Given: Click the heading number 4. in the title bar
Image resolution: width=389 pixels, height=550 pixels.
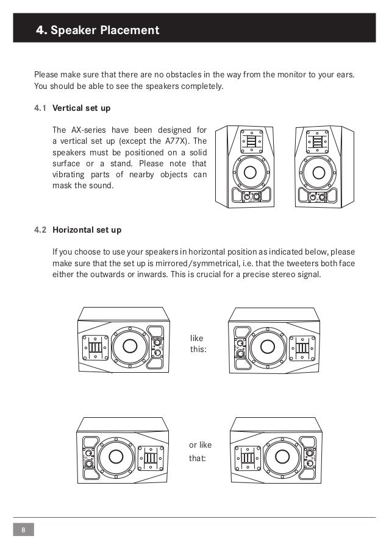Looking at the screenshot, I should (41, 29).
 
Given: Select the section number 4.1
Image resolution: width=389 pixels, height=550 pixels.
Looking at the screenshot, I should (40, 108).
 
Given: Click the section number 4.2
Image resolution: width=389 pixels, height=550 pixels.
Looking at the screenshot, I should (40, 231).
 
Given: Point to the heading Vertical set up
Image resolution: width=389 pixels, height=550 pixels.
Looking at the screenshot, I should (82, 108).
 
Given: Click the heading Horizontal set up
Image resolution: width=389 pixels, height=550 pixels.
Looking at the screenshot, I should (87, 231).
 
